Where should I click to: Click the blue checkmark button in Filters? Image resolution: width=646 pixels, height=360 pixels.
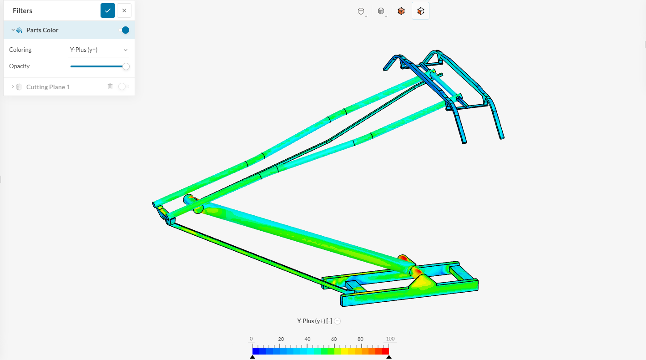pyautogui.click(x=108, y=10)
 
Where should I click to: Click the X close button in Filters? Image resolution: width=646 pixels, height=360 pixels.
pyautogui.click(x=124, y=10)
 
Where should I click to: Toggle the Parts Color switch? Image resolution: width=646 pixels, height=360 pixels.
pyautogui.click(x=124, y=30)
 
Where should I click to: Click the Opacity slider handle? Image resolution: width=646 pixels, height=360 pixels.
pyautogui.click(x=126, y=66)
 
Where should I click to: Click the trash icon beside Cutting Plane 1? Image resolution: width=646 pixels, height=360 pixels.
pyautogui.click(x=110, y=86)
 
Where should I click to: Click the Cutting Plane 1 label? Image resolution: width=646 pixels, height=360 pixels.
pyautogui.click(x=48, y=87)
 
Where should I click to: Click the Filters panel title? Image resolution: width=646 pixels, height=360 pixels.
pyautogui.click(x=22, y=11)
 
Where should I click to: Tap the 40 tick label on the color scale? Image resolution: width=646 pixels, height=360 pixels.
pyautogui.click(x=308, y=339)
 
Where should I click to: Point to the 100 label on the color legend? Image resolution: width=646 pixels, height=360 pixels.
pyautogui.click(x=390, y=339)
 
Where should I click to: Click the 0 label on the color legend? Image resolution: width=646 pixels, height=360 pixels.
pyautogui.click(x=251, y=339)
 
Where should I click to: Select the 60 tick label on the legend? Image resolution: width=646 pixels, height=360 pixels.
pyautogui.click(x=334, y=339)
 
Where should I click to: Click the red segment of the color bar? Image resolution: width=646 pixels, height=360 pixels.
pyautogui.click(x=385, y=351)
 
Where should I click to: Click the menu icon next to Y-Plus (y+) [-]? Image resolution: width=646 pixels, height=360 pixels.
pyautogui.click(x=337, y=321)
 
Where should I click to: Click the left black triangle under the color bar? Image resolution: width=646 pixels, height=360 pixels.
pyautogui.click(x=252, y=357)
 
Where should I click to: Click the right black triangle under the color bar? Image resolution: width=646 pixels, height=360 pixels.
pyautogui.click(x=389, y=357)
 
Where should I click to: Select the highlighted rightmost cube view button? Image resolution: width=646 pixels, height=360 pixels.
pyautogui.click(x=420, y=11)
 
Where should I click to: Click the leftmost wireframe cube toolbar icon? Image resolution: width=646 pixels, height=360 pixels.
pyautogui.click(x=361, y=11)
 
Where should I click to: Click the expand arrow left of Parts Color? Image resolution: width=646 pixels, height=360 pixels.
pyautogui.click(x=13, y=30)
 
